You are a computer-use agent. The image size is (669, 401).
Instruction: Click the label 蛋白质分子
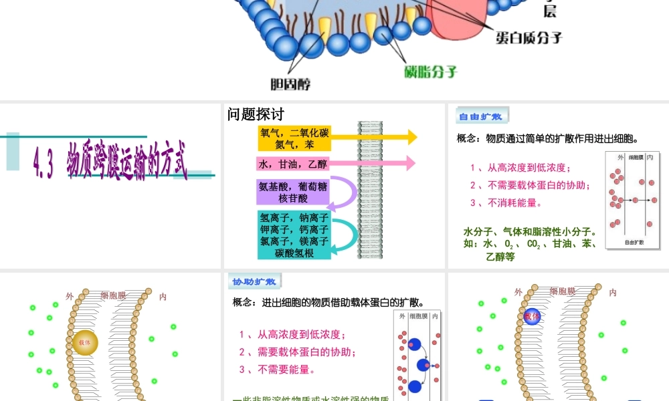(x=529, y=37)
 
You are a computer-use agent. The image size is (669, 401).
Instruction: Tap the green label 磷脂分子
(x=431, y=71)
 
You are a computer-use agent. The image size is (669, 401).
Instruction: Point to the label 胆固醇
(x=290, y=84)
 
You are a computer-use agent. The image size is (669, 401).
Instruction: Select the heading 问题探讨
(x=256, y=114)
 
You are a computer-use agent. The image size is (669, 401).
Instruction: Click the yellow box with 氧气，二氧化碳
(x=294, y=138)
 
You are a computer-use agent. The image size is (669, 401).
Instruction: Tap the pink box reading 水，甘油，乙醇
(x=294, y=164)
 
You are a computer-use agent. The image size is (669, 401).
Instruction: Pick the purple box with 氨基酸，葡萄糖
(x=294, y=192)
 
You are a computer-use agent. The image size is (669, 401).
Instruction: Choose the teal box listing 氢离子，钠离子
(x=294, y=235)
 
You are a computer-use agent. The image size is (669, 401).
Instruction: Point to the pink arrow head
(x=409, y=163)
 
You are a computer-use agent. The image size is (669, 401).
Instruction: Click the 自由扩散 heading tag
(x=481, y=116)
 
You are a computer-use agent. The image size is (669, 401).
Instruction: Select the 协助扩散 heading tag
(x=254, y=281)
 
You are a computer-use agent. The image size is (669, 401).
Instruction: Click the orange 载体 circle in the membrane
(x=85, y=342)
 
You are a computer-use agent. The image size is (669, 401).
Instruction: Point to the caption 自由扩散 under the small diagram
(x=634, y=242)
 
